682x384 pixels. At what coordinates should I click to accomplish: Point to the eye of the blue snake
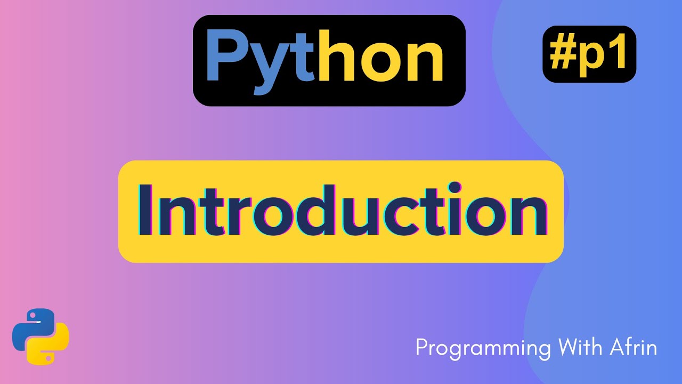(33, 315)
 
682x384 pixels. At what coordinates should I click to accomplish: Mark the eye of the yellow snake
(48, 356)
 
